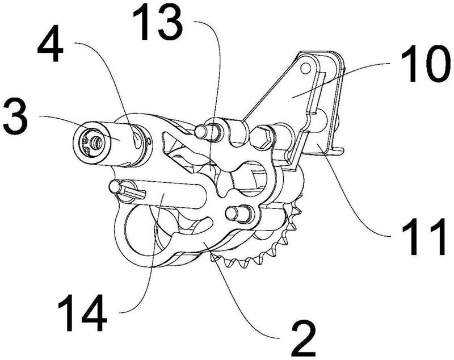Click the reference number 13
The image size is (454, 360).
158,23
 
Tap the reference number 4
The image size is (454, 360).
50,44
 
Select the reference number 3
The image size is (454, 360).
16,116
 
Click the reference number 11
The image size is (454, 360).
423,237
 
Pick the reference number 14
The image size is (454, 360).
82,313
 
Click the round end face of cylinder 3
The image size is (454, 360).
92,142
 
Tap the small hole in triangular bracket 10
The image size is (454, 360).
305,68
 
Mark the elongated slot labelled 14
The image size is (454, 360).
163,194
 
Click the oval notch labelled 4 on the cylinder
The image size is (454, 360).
136,138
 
